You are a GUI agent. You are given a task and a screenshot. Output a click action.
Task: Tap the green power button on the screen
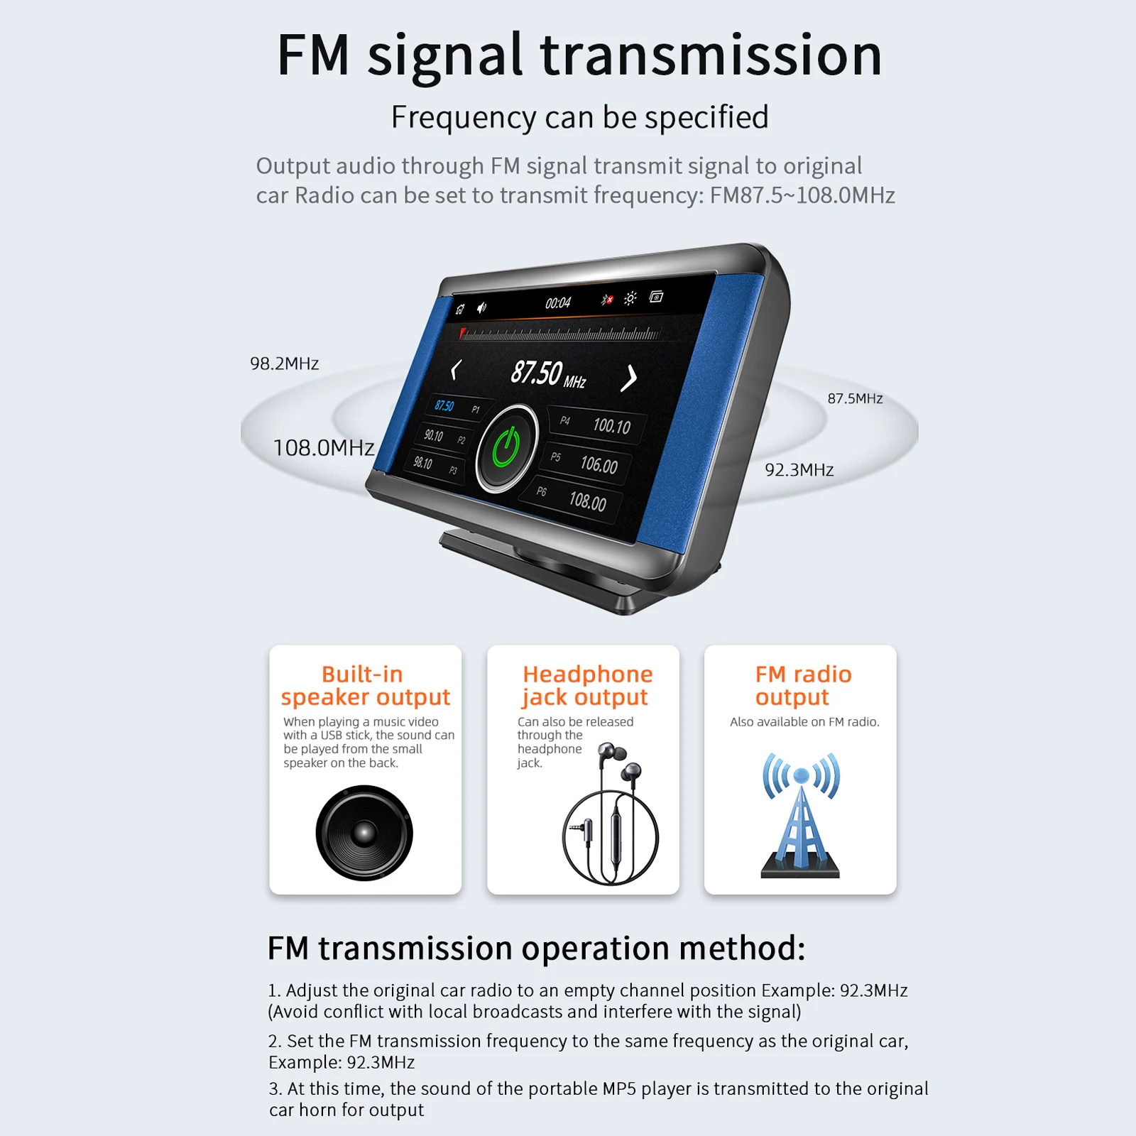506,447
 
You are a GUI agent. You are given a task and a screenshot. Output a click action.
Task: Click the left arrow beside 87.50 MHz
456,369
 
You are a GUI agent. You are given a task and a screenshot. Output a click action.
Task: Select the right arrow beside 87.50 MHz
628,378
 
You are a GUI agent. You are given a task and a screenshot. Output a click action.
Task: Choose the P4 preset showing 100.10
599,425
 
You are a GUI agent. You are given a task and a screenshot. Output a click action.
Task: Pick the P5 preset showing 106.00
586,463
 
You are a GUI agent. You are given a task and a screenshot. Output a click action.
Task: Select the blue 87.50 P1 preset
454,408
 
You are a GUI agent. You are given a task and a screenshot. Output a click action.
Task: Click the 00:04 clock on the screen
558,303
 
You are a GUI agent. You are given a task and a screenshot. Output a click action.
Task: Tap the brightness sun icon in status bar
630,298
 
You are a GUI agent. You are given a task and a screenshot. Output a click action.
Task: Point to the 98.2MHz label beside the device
284,364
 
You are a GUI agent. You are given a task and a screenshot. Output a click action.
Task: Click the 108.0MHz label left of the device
324,448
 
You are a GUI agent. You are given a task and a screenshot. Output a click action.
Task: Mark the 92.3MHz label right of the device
799,470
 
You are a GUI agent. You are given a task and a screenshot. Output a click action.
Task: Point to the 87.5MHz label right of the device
855,399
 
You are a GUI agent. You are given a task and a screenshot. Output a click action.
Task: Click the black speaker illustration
364,833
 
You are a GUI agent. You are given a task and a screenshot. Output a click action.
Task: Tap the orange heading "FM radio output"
802,685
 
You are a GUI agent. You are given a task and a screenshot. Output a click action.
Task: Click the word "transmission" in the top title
711,55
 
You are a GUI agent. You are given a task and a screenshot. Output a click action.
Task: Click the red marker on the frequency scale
463,332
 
